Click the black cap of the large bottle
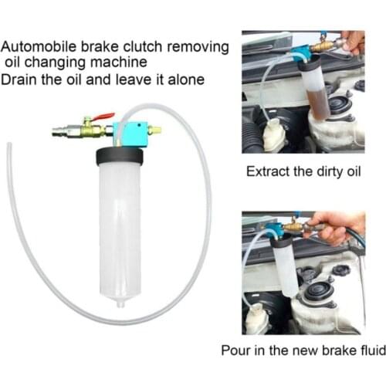point(120,157)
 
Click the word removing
point(202,46)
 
